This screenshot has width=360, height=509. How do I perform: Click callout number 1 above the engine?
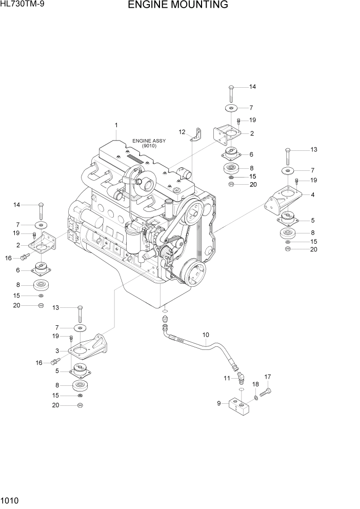pyautogui.click(x=116, y=125)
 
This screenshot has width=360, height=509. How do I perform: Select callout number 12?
pyautogui.click(x=182, y=132)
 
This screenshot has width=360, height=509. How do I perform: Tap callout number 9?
pyautogui.click(x=219, y=403)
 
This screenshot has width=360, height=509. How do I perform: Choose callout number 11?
pyautogui.click(x=226, y=378)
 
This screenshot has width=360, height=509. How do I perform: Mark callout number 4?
pyautogui.click(x=313, y=195)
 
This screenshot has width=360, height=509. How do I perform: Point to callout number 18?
pyautogui.click(x=255, y=384)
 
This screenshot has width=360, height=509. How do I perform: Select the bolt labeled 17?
pyautogui.click(x=266, y=393)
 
